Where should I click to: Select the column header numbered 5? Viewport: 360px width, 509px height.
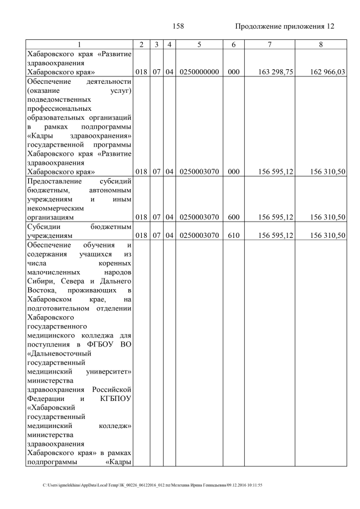[200, 44]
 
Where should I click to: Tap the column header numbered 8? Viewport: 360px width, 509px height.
[320, 44]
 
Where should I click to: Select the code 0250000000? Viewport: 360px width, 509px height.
[200, 72]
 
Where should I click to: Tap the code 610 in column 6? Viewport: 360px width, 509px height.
[231, 236]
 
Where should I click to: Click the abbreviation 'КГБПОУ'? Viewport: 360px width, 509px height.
[114, 399]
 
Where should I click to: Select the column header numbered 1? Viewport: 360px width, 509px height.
[79, 44]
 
